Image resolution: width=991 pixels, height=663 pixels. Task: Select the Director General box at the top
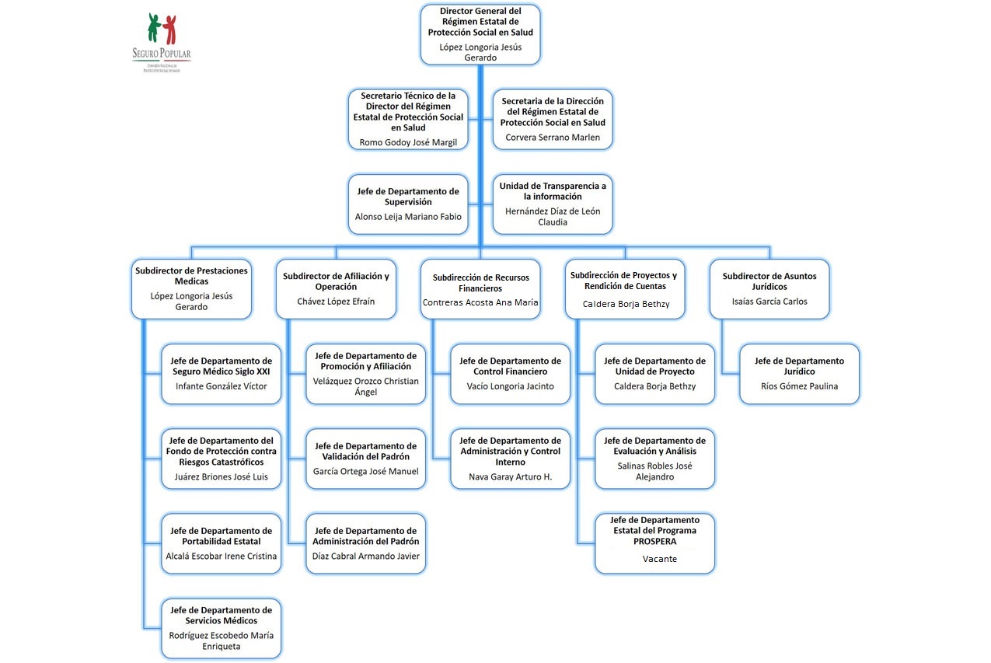[480, 34]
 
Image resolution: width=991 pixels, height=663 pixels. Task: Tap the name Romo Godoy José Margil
[408, 142]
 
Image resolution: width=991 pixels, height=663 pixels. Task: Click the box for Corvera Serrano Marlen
[553, 119]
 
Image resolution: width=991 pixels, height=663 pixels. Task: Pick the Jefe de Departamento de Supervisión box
[408, 204]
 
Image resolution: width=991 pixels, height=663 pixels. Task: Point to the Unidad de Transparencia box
[553, 204]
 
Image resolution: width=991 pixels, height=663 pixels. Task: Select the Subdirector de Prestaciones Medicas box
[191, 288]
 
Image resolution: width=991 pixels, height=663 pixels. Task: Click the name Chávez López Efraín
[336, 302]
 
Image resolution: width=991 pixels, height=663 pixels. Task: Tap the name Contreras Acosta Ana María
[480, 302]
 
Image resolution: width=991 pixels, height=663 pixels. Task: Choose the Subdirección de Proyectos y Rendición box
[624, 288]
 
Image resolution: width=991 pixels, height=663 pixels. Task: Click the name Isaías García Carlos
[769, 302]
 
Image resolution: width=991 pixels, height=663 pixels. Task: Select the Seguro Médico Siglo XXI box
[222, 374]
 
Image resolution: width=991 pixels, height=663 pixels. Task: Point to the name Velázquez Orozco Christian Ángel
[365, 386]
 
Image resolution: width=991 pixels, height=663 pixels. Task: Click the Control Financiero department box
[510, 374]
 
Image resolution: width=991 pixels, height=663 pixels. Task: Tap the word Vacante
[659, 559]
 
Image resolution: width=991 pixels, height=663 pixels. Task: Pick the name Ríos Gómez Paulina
[799, 386]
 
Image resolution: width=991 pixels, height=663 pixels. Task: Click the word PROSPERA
[654, 541]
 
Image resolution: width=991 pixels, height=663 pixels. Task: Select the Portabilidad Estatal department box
[222, 543]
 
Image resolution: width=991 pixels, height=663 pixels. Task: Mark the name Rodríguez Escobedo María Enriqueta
[222, 640]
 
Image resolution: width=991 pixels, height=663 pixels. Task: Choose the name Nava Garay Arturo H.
[510, 476]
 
